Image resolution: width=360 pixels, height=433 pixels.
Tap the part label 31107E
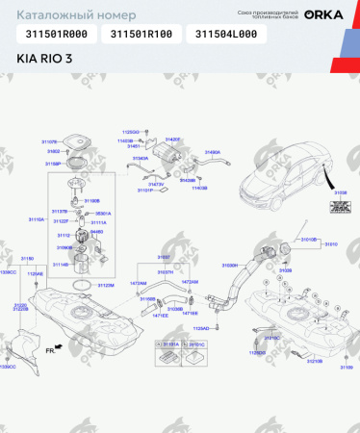click(49, 140)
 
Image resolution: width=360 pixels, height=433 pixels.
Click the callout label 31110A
click(37, 219)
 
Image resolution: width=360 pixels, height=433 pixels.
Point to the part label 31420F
click(172, 139)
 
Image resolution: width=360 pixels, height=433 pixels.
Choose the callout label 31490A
click(213, 152)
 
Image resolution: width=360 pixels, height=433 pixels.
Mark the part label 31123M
click(106, 285)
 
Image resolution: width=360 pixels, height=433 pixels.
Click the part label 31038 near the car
click(340, 192)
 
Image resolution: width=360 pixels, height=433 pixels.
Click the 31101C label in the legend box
click(197, 343)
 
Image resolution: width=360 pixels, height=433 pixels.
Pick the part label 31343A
click(140, 158)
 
